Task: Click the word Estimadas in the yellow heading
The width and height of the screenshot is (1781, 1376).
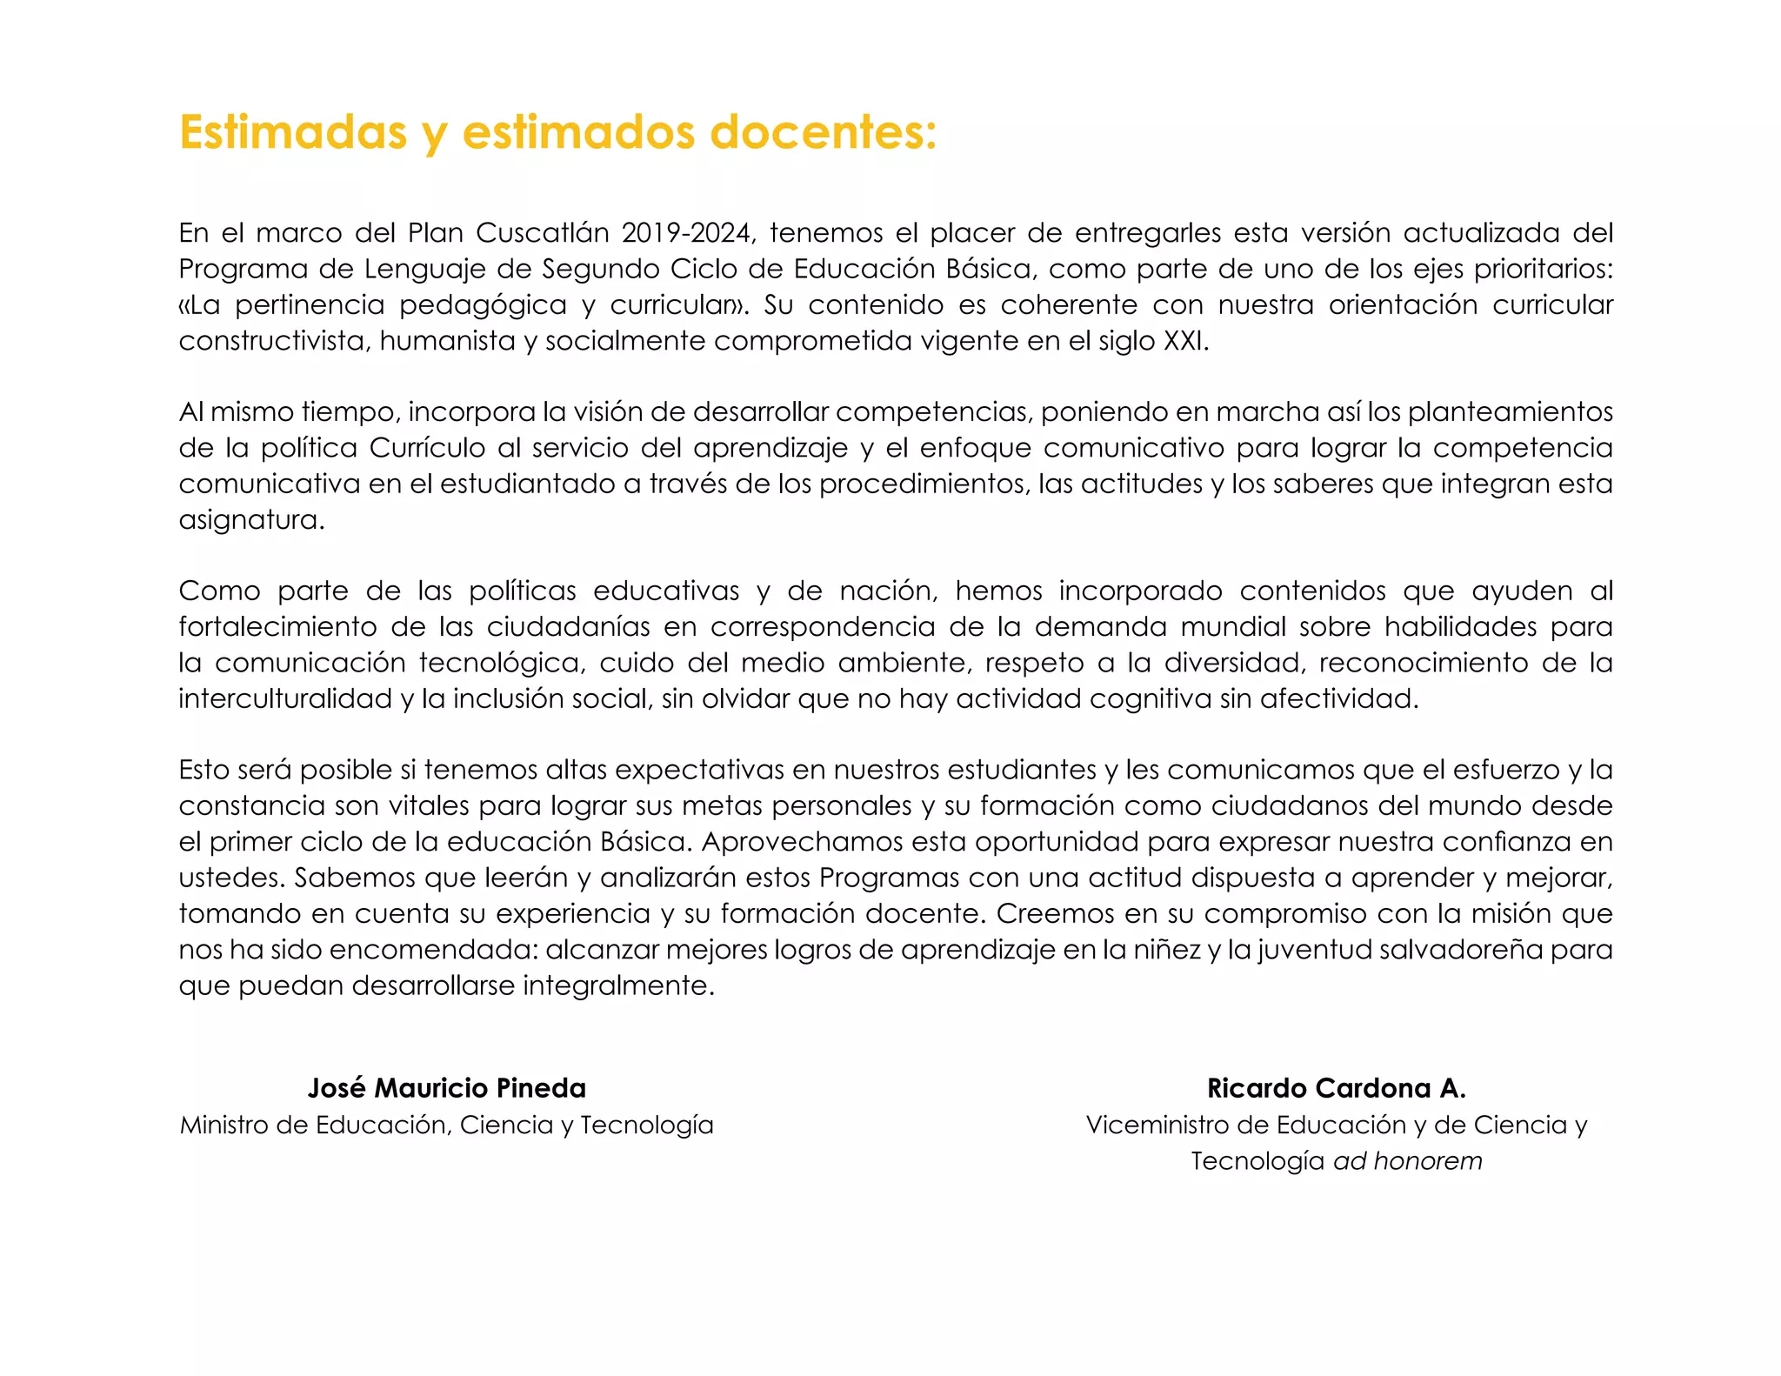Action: point(293,132)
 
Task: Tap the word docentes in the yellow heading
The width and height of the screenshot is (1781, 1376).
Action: point(823,132)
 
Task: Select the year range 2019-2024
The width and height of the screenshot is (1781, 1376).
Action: point(686,233)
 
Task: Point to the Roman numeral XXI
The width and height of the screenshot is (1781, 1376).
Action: point(1185,341)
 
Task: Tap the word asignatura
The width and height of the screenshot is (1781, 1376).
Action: point(251,520)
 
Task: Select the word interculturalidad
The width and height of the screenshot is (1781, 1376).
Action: point(285,698)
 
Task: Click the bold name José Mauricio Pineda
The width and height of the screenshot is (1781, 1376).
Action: point(446,1088)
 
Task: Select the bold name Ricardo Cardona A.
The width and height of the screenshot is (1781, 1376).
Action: point(1336,1088)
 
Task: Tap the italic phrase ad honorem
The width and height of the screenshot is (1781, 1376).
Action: point(1407,1161)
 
